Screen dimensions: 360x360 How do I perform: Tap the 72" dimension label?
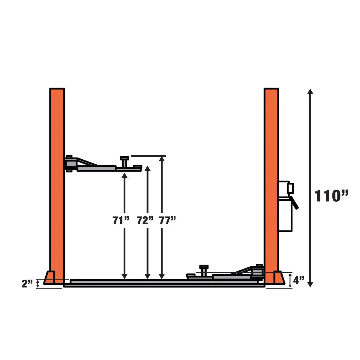pyautogui.click(x=145, y=220)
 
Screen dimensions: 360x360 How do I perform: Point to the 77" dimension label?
pyautogui.click(x=167, y=220)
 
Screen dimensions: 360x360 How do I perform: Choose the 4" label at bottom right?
pyautogui.click(x=298, y=281)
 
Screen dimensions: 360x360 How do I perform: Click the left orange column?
pyautogui.click(x=57, y=180)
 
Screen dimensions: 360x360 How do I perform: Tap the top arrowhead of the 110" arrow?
pyautogui.click(x=310, y=91)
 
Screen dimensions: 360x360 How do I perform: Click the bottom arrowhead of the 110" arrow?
pyautogui.click(x=310, y=284)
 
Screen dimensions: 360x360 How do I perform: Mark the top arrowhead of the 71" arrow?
pyautogui.click(x=124, y=176)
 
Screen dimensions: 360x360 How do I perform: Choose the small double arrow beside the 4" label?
pyautogui.click(x=290, y=280)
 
